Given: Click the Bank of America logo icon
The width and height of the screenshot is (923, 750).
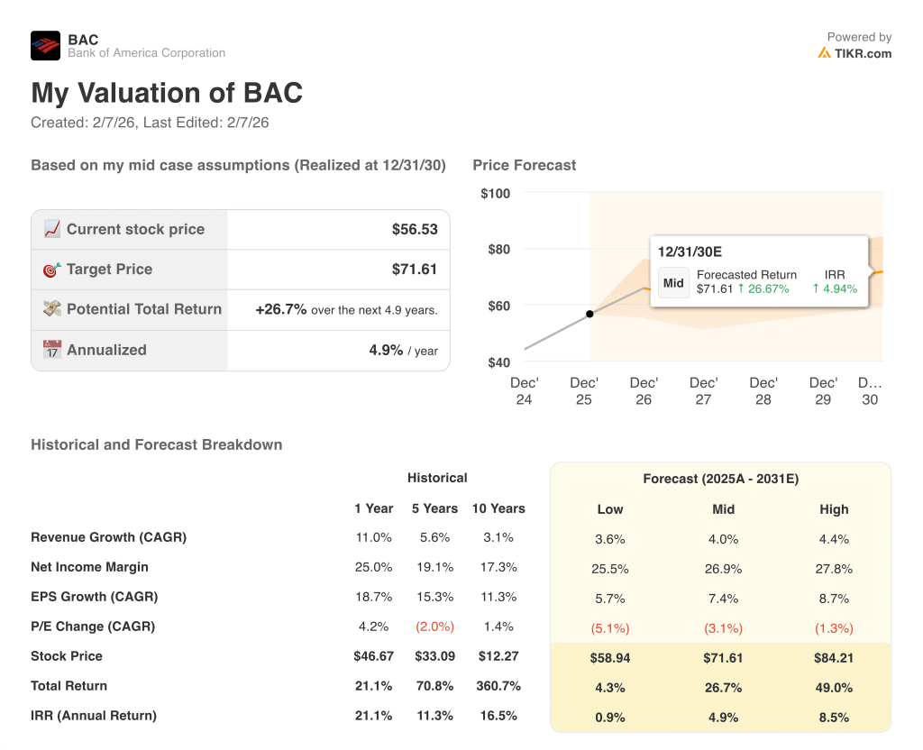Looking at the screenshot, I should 45,46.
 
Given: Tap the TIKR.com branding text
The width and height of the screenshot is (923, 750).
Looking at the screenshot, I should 862,53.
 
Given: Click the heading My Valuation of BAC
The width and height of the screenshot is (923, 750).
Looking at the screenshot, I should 167,94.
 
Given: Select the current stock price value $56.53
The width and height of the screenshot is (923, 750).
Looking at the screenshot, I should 415,230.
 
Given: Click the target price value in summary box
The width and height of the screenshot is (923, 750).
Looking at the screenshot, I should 415,270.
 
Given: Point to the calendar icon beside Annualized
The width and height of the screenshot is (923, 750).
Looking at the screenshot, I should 52,350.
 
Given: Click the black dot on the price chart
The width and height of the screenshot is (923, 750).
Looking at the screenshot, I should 589,314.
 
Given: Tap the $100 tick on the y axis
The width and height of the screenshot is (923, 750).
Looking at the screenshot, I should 495,194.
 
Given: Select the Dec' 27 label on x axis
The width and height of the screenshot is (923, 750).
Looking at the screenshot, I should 703,391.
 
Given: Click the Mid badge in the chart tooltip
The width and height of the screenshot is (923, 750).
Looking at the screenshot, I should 673,282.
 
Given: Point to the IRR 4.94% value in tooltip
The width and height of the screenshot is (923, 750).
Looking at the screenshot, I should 835,289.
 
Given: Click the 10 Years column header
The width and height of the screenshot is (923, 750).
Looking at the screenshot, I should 498,508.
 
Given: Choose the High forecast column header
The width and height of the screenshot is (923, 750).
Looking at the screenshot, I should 834,509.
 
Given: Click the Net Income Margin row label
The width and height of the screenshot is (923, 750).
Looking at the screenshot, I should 89,567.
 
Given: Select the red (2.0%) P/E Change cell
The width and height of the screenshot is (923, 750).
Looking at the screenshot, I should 434,627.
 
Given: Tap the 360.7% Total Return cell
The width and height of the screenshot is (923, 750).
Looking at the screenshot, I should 498,686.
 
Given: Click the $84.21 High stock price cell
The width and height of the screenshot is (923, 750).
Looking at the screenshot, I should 834,658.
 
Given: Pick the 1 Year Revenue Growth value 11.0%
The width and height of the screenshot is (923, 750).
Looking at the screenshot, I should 373,537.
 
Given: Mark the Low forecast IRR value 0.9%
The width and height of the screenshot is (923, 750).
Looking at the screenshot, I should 610,718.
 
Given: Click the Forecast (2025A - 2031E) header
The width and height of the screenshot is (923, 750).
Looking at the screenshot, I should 720,479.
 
